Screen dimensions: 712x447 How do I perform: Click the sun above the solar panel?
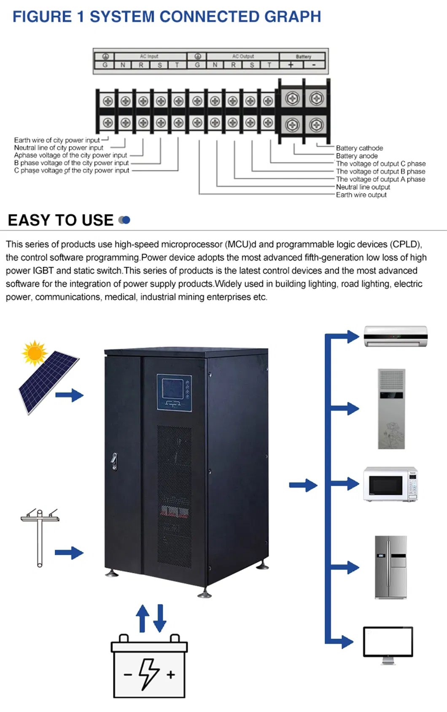pyautogui.click(x=35, y=353)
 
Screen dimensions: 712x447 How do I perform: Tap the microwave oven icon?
pyautogui.click(x=390, y=484)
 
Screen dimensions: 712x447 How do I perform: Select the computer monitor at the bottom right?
pyautogui.click(x=388, y=642)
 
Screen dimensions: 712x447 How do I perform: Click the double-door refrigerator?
pyautogui.click(x=391, y=567)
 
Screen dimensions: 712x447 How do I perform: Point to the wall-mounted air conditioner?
pyautogui.click(x=396, y=336)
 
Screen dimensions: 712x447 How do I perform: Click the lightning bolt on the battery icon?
pyautogui.click(x=148, y=674)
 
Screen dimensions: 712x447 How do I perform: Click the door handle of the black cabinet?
pyautogui.click(x=114, y=461)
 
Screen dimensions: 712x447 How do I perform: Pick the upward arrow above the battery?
pyautogui.click(x=143, y=618)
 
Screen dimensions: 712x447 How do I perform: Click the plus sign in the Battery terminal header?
pyautogui.click(x=291, y=65)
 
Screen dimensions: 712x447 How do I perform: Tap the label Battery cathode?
pyautogui.click(x=359, y=148)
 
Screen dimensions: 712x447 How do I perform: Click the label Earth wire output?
pyautogui.click(x=361, y=195)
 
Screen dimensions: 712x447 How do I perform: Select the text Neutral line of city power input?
pyautogui.click(x=59, y=148)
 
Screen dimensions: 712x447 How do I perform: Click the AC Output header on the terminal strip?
pyautogui.click(x=243, y=56)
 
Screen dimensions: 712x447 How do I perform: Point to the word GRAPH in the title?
pyautogui.click(x=292, y=17)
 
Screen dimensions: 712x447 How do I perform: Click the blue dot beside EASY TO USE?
pyautogui.click(x=126, y=220)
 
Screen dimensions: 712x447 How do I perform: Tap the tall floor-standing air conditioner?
pyautogui.click(x=391, y=409)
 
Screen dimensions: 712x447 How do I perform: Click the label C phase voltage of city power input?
pyautogui.click(x=72, y=170)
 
